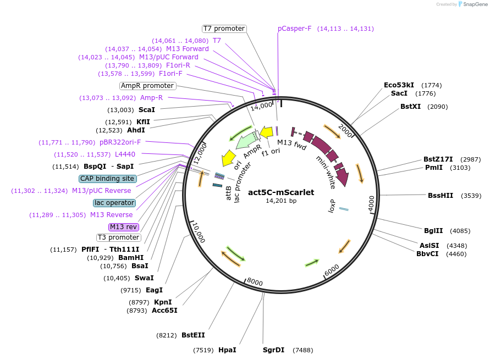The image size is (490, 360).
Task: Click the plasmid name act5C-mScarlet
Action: tap(281, 192)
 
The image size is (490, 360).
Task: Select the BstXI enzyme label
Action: tap(410, 106)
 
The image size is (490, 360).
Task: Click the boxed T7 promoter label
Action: tap(224, 29)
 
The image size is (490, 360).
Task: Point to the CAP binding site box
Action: tap(107, 179)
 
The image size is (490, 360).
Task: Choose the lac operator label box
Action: tap(114, 203)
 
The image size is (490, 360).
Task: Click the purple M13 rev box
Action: tap(124, 227)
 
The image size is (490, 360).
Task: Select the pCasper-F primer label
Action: tap(294, 29)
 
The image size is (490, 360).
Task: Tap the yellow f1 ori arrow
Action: tap(266, 132)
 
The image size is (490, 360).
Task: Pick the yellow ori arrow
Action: tap(228, 158)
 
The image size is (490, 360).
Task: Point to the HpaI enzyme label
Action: tap(227, 350)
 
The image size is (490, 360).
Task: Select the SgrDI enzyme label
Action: tap(273, 350)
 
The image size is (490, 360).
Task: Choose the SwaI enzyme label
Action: tap(144, 278)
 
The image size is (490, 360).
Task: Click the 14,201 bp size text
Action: tap(281, 201)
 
